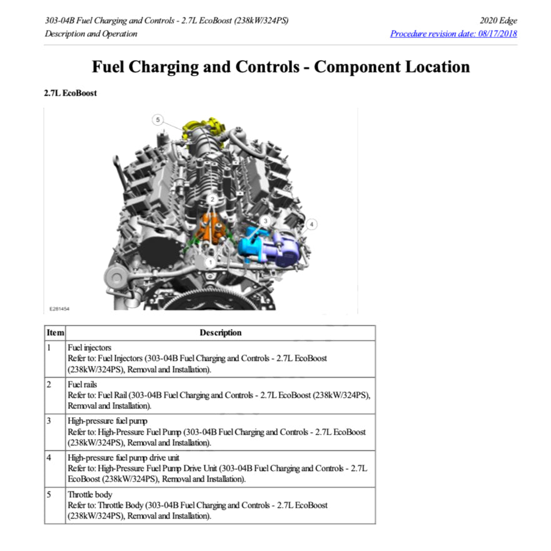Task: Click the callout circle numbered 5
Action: tap(158, 119)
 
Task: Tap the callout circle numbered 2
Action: tap(213, 200)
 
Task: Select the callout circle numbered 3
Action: tap(265, 221)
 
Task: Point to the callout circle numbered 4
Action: tap(311, 223)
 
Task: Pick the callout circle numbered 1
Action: tap(211, 261)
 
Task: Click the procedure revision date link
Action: tap(453, 34)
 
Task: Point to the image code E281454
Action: tap(60, 308)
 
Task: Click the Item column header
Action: tap(55, 333)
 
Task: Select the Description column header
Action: tap(220, 333)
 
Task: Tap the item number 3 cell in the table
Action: tap(49, 420)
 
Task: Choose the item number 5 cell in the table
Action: tap(49, 494)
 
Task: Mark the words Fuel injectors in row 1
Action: tap(89, 348)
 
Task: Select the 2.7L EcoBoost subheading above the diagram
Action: tap(70, 93)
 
